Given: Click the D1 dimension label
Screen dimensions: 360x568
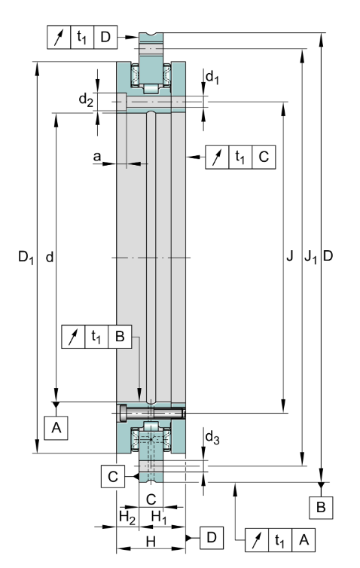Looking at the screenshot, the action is (26, 258).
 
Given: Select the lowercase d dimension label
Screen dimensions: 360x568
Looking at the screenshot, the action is (49, 257).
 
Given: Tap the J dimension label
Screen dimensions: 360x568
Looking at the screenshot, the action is (289, 256).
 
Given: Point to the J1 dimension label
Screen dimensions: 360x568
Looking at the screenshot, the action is (310, 257).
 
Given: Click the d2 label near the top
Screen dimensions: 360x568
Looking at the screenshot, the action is (86, 99).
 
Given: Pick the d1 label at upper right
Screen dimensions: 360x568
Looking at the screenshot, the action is (212, 78).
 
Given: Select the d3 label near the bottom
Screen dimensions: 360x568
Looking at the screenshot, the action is (212, 438).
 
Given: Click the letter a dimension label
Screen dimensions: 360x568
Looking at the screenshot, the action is (96, 157).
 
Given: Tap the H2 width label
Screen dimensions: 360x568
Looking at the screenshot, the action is (127, 517).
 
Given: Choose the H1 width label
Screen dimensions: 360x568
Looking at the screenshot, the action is (159, 517).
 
